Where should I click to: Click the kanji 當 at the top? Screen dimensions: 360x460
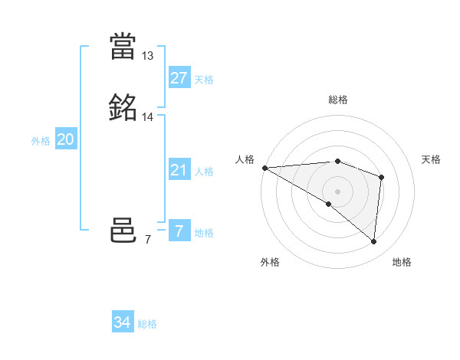click(123, 47)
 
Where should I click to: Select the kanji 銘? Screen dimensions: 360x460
click(123, 108)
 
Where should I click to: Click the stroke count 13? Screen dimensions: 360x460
click(148, 56)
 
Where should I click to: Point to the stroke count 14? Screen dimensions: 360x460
click(148, 117)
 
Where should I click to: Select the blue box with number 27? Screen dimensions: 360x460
click(179, 77)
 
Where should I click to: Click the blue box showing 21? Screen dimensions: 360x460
click(179, 170)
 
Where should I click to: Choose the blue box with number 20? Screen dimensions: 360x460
click(65, 139)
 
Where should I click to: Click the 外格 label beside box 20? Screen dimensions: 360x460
click(41, 141)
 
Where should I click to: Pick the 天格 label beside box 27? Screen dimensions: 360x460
click(204, 80)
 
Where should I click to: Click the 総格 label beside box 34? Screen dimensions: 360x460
click(147, 325)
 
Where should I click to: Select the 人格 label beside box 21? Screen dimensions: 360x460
click(204, 172)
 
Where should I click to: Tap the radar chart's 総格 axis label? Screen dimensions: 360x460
click(338, 100)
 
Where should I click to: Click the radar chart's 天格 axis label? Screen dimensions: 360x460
click(431, 159)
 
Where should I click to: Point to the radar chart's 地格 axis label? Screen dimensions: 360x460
click(402, 262)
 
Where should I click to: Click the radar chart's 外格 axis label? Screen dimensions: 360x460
click(270, 262)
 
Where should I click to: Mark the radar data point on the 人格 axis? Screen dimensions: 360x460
click(264, 168)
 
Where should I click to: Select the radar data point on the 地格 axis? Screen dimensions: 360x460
click(374, 241)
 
